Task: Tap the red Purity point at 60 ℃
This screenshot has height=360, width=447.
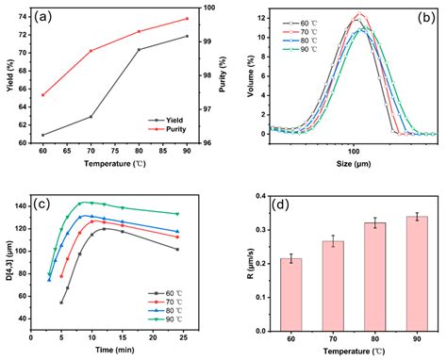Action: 43,95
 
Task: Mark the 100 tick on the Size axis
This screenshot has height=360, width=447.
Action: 354,147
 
